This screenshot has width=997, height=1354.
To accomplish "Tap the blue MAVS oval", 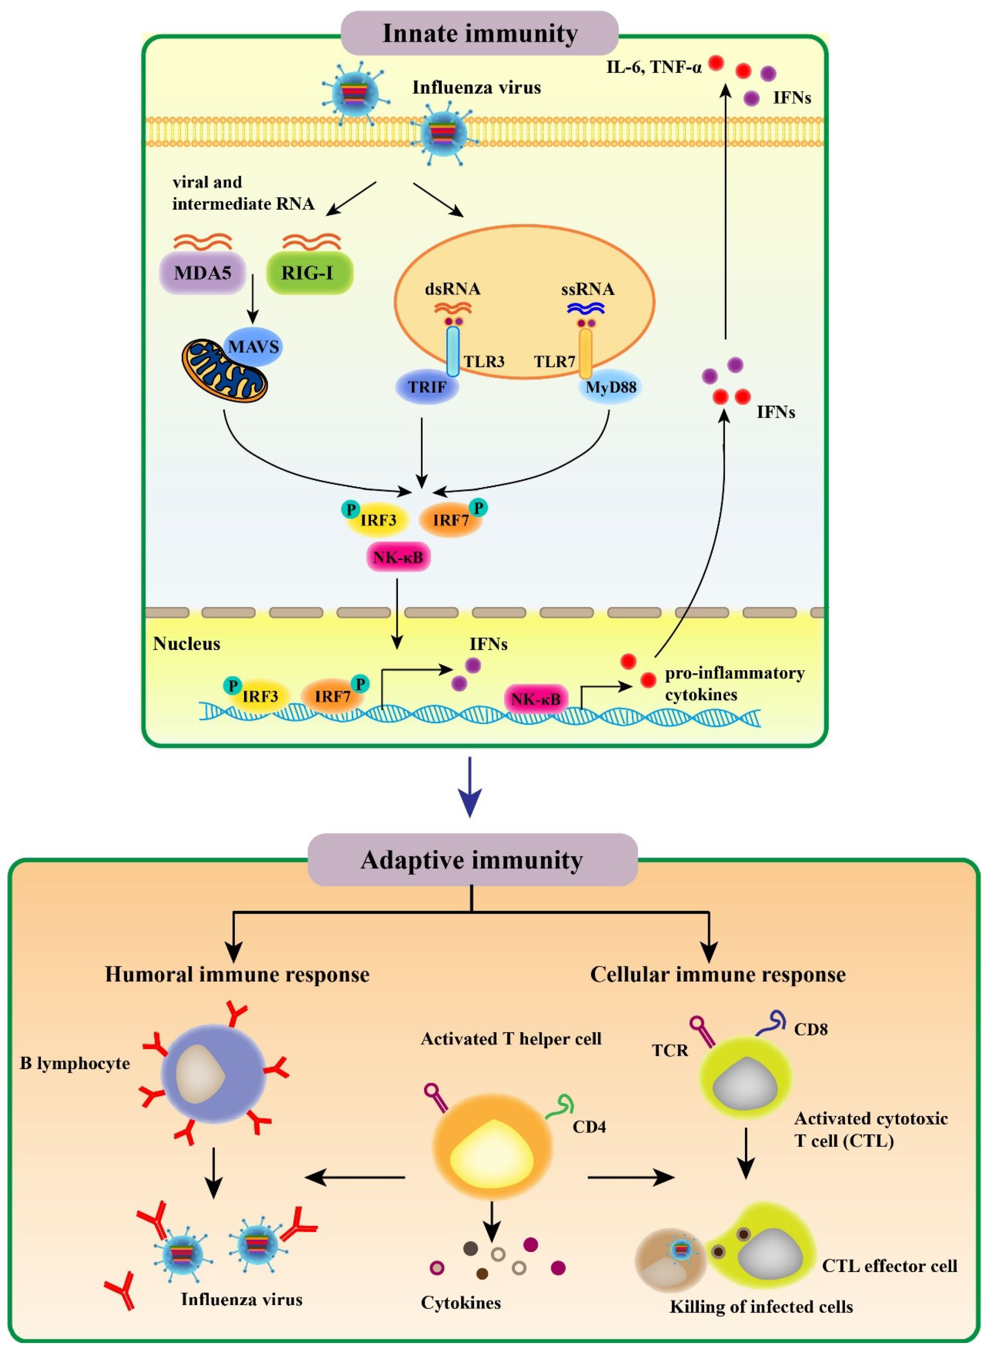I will (253, 347).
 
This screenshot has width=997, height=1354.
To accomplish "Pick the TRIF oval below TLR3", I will (427, 387).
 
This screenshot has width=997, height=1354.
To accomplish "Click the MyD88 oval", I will (611, 387).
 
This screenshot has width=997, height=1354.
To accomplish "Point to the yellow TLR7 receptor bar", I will (585, 353).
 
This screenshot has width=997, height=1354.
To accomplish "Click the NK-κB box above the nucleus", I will (398, 557).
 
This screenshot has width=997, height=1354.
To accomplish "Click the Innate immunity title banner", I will (480, 33).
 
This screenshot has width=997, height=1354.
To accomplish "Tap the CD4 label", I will (589, 1126).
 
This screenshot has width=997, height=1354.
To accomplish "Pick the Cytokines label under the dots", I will (461, 1303).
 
